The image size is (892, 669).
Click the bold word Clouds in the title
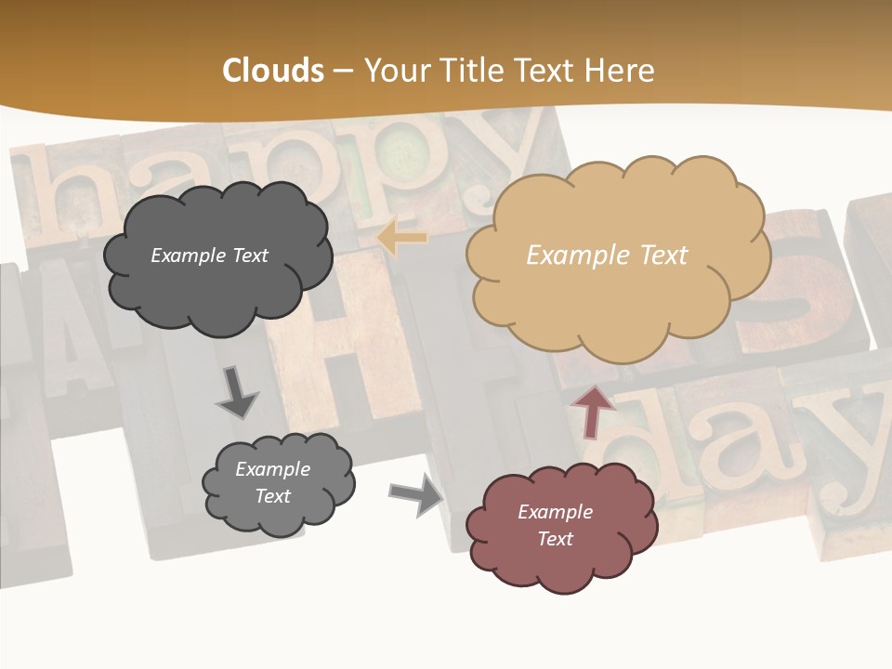point(273,71)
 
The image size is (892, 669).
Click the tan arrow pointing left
point(401,238)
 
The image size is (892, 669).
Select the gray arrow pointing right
point(416,493)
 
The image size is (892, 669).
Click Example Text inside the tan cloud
point(607,255)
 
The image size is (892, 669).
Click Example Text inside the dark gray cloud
point(209,255)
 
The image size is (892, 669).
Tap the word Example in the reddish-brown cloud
point(555,512)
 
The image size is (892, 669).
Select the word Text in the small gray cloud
point(272,496)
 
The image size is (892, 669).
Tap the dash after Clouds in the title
point(343,71)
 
